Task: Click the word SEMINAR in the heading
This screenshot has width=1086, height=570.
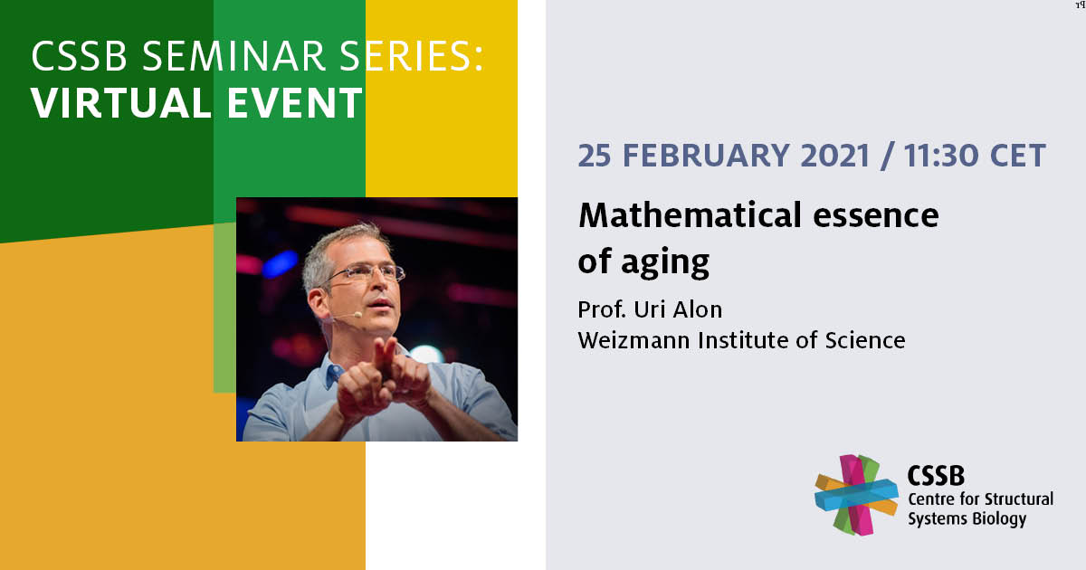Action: click(x=233, y=56)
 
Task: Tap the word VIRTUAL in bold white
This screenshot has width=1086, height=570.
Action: click(x=121, y=103)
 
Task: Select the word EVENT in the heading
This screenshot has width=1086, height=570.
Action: click(x=295, y=103)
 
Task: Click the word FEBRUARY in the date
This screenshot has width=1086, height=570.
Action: click(x=706, y=156)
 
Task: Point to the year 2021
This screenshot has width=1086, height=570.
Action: click(x=835, y=156)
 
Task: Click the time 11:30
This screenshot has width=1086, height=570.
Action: click(x=941, y=156)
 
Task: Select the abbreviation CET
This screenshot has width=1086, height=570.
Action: click(x=1017, y=156)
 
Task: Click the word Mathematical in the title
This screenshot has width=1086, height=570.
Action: click(x=690, y=215)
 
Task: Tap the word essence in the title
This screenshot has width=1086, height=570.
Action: click(x=876, y=216)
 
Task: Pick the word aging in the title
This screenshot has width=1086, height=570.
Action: click(x=665, y=262)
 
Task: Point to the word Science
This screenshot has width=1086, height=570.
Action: click(x=865, y=340)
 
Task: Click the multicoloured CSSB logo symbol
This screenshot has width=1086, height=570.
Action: click(x=856, y=495)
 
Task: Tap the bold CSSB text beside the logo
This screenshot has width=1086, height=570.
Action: click(x=936, y=476)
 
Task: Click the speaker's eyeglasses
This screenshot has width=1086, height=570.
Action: click(x=366, y=274)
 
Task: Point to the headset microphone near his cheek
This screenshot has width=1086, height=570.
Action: click(x=357, y=315)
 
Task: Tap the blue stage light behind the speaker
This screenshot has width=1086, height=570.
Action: click(x=281, y=264)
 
